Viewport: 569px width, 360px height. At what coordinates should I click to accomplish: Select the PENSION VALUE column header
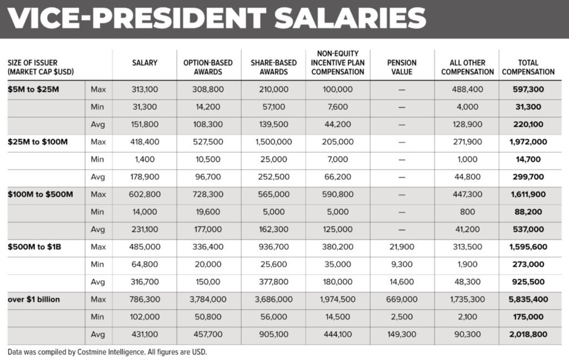401,67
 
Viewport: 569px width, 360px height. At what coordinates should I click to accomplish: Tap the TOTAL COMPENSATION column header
528,67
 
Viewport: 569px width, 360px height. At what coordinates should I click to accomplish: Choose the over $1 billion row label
34,300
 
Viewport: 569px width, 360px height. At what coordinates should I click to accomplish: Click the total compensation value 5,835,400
528,300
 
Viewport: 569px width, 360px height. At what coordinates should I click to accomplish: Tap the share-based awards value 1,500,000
273,142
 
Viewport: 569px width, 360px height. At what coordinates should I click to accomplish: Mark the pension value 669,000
401,300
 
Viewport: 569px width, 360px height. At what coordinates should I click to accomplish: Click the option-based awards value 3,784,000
208,300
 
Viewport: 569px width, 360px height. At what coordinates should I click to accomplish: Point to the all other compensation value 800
467,212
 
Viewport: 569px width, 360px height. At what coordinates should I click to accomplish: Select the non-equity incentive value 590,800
338,195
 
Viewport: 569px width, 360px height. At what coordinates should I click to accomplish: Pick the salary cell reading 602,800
145,195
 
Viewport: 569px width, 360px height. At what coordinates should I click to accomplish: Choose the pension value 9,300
401,265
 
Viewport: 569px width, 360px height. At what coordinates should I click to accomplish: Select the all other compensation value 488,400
467,90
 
